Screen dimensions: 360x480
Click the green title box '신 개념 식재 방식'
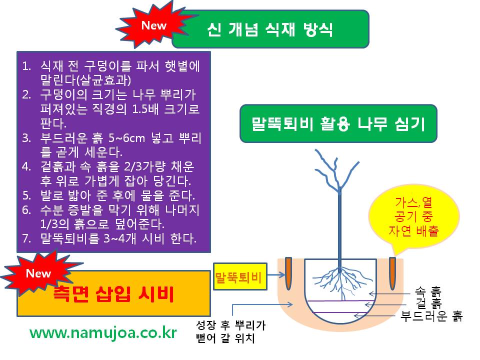point(270,29)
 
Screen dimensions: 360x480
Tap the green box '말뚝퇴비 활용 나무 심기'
point(338,124)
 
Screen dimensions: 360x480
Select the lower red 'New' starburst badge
point(37,273)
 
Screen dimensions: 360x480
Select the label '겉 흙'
point(428,303)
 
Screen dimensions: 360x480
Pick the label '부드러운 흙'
point(431,315)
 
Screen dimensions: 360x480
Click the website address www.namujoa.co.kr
point(103,332)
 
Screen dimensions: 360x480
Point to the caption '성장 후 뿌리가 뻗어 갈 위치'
point(230,332)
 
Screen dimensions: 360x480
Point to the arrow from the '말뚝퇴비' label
point(273,275)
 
